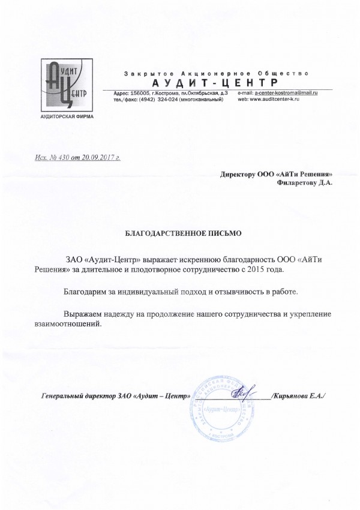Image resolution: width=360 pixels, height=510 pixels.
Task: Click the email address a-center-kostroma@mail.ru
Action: click(286, 93)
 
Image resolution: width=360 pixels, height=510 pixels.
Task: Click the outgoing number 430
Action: click(68, 159)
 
